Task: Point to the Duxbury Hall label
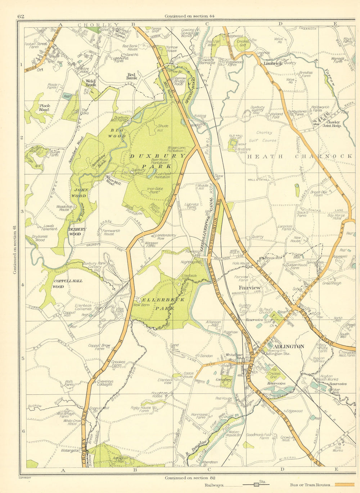point(138,169)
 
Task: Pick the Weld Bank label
point(91,83)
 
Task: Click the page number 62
point(21,16)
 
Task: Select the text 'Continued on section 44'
point(189,16)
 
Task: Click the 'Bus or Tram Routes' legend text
point(309,485)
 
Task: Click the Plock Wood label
point(44,108)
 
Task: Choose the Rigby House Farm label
point(140,409)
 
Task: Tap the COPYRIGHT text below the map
point(25,478)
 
